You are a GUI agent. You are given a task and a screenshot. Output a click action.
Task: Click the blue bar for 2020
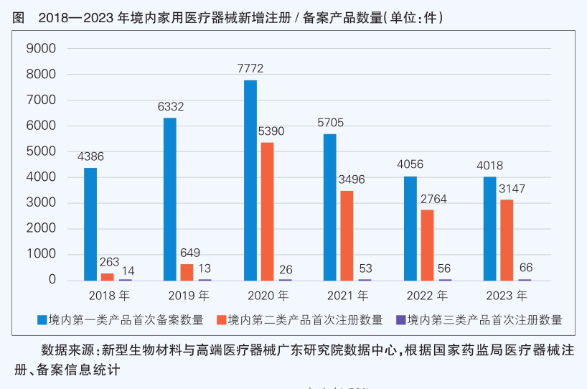pos(250,180)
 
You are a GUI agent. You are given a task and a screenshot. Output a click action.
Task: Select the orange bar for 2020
pos(267,211)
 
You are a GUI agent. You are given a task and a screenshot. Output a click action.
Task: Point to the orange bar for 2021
pos(347,235)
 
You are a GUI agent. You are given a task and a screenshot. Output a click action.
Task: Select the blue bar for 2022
pos(410,228)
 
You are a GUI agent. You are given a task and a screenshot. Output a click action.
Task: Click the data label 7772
pos(250,69)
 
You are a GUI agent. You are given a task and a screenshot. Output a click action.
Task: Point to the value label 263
pos(109,262)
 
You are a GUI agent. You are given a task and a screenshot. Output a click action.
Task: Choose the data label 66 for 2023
pos(525,268)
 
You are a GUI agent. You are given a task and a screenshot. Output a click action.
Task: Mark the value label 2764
pos(433,199)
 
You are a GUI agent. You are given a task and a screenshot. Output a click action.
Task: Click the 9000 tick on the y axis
pos(41,49)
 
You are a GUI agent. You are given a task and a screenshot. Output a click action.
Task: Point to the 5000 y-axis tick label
pos(41,151)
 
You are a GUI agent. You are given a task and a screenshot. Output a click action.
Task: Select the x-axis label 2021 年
pos(347,295)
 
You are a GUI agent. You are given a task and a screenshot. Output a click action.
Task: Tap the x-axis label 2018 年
pos(109,295)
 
